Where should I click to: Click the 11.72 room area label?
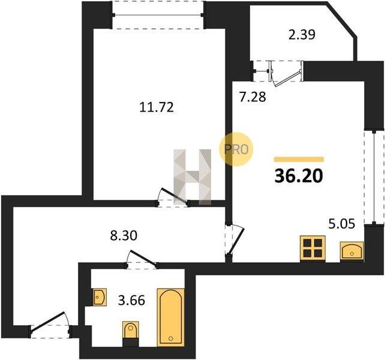[x=157, y=107]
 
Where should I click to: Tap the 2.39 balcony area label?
[x=302, y=34]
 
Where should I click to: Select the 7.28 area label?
[x=252, y=97]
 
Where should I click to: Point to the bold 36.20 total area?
[x=299, y=176]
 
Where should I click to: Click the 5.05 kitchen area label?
[x=342, y=224]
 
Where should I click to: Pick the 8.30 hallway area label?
[x=124, y=236]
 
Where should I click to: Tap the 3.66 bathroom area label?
[x=131, y=300]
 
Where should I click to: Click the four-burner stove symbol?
[x=313, y=248]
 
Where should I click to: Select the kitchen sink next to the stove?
[x=352, y=251]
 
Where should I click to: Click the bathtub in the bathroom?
[x=171, y=317]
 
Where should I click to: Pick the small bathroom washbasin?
[x=100, y=297]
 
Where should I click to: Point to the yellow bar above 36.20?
[x=299, y=159]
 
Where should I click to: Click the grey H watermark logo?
[x=192, y=177]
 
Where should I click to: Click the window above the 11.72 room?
[x=158, y=15]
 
